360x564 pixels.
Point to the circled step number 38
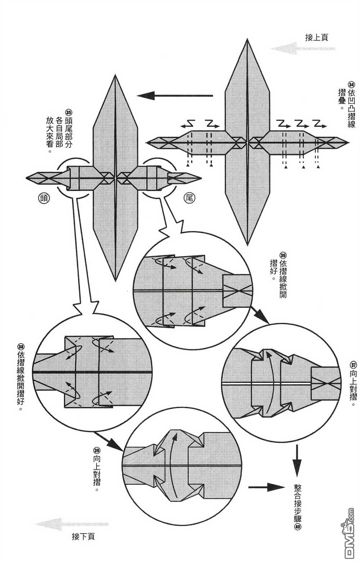[21, 347]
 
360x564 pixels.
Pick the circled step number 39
[96, 450]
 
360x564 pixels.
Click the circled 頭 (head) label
[44, 197]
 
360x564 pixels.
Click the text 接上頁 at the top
[316, 37]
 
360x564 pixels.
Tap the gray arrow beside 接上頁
[302, 48]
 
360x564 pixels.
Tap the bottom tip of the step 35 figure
[115, 280]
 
